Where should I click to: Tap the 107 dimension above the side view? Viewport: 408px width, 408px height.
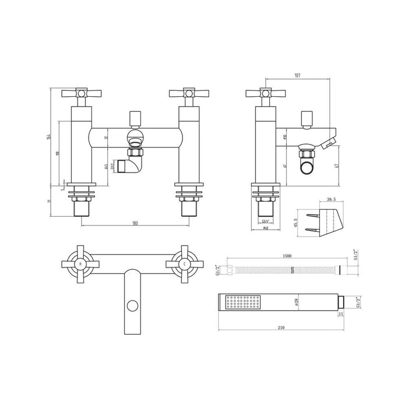(298, 75)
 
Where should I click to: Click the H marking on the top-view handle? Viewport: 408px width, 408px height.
(79, 264)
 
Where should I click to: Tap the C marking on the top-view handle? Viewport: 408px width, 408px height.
(184, 264)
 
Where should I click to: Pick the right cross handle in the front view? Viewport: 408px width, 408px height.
(185, 93)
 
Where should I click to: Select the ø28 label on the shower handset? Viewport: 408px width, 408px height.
(297, 302)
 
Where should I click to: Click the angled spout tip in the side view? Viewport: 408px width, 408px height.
(332, 141)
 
